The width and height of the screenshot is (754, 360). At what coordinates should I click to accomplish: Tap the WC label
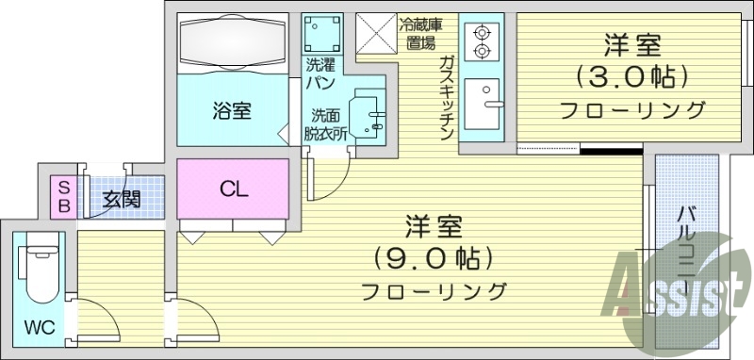point(39,329)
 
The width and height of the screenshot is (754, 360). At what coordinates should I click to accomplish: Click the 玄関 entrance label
point(122,199)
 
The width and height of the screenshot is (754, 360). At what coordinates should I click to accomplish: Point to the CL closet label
point(233,188)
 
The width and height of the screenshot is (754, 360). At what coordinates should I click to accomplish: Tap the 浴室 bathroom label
point(231,110)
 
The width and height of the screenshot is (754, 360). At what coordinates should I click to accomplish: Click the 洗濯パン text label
point(320,74)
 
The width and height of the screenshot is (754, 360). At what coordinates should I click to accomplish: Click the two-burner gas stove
point(483,41)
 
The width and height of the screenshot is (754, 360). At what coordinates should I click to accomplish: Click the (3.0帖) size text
point(631,76)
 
